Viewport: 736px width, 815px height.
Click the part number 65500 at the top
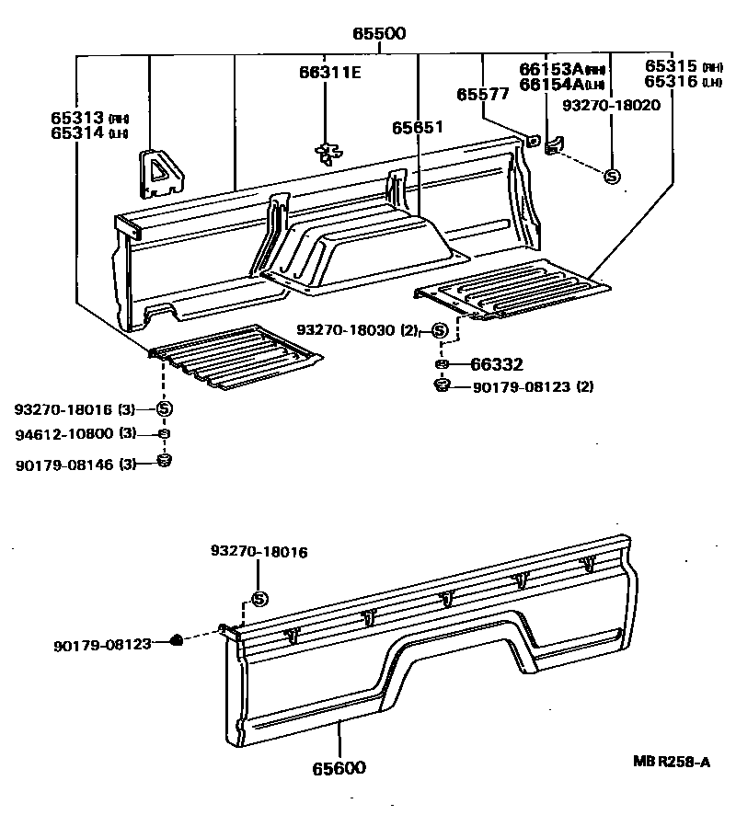tap(378, 34)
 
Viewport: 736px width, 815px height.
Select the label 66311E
tap(329, 73)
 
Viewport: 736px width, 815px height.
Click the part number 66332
tap(498, 365)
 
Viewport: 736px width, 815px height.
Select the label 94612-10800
tap(65, 434)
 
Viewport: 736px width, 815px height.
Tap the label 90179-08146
tap(64, 465)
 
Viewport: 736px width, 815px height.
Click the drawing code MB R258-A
tap(671, 762)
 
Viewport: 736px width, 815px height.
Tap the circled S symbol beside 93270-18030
tap(439, 330)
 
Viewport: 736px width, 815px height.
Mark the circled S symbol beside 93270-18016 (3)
tap(165, 408)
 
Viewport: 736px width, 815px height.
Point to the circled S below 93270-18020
tap(612, 176)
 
